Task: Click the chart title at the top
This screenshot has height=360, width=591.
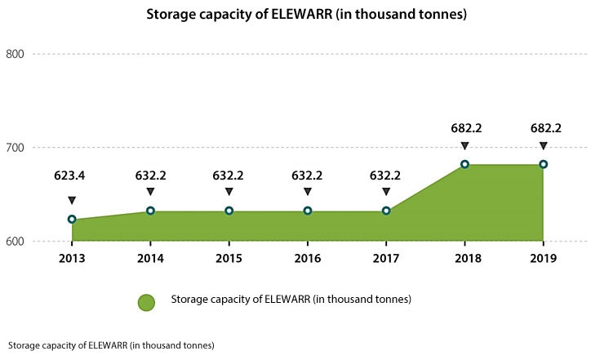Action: click(295, 14)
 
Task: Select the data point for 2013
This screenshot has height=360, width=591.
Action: click(72, 220)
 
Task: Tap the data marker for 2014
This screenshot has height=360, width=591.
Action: click(150, 211)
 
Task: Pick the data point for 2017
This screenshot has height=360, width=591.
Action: click(386, 211)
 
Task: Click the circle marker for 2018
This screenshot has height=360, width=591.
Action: click(464, 164)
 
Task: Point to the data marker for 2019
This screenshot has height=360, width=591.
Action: click(543, 164)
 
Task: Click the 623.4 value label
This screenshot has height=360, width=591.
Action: click(72, 175)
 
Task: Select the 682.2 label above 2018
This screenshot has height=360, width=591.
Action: click(464, 128)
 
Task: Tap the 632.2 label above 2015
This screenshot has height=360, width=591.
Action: click(229, 175)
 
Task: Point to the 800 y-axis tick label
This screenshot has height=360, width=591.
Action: click(16, 55)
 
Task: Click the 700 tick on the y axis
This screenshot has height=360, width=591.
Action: click(16, 148)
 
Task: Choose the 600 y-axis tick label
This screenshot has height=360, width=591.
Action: click(16, 242)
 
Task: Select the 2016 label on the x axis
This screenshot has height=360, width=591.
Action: click(308, 259)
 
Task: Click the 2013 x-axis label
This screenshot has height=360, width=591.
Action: click(72, 259)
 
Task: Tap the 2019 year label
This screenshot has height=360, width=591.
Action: click(543, 259)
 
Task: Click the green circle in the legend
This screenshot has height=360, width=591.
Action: click(146, 302)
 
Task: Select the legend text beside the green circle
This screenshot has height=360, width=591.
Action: click(291, 300)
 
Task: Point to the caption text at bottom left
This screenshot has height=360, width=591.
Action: click(109, 345)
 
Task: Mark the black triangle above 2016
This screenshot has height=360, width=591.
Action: click(308, 192)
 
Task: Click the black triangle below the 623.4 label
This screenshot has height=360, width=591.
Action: click(72, 200)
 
